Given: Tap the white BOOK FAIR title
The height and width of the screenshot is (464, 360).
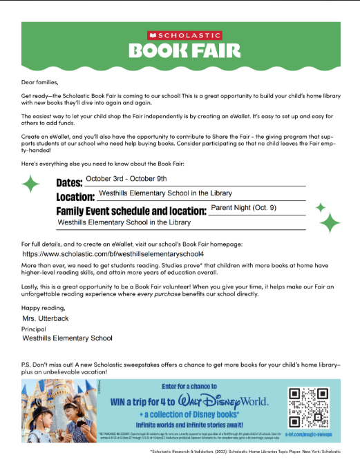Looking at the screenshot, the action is pyautogui.click(x=184, y=50).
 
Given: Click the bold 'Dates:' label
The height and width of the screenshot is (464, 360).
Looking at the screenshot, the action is pyautogui.click(x=69, y=182).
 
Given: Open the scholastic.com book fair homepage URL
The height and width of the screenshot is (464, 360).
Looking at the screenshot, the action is pyautogui.click(x=123, y=255).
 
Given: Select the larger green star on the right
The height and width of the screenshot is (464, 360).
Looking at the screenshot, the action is pyautogui.click(x=330, y=222).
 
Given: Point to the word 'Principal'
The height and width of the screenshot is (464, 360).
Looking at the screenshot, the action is pyautogui.click(x=36, y=329).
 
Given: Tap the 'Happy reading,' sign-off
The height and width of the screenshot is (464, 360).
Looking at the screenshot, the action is pyautogui.click(x=42, y=307).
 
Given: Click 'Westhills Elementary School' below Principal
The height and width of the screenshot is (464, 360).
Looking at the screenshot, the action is pyautogui.click(x=67, y=338).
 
